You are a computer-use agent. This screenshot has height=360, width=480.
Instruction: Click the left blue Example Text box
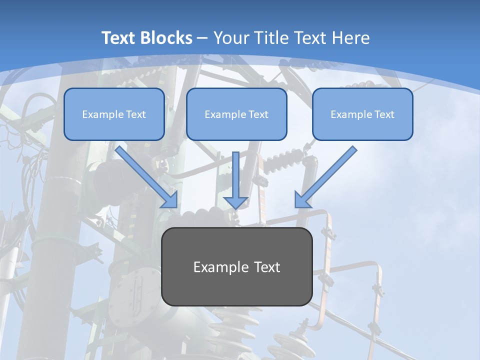click(114, 114)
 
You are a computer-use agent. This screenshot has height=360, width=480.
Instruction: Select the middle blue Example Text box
click(236, 114)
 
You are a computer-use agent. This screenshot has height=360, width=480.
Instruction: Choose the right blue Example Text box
click(362, 114)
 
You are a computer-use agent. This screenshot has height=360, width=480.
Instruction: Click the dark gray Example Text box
click(236, 266)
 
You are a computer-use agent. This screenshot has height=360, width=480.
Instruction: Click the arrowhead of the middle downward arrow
click(235, 202)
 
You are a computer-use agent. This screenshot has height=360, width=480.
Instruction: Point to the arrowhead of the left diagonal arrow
click(170, 200)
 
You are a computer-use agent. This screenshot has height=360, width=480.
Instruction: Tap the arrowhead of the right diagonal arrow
click(302, 200)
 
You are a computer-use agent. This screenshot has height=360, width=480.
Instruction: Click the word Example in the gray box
click(218, 267)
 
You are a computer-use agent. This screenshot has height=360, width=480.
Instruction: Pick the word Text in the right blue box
click(383, 114)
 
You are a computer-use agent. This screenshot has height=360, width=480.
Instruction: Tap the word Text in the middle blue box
click(257, 114)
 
